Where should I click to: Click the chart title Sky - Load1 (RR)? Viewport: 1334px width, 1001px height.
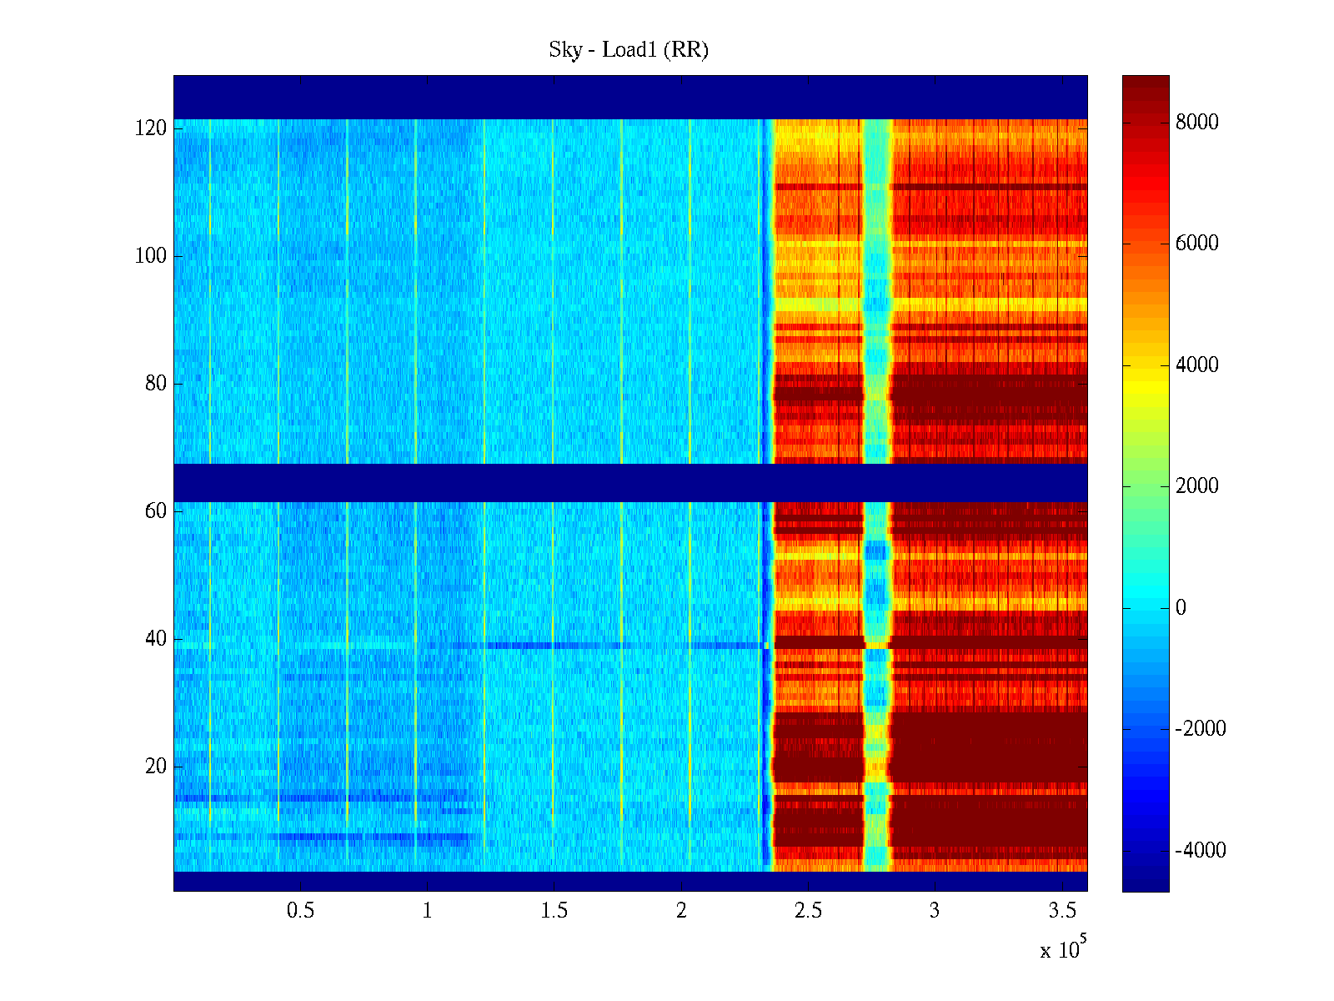point(629,50)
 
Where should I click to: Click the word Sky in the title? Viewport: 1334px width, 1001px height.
point(564,50)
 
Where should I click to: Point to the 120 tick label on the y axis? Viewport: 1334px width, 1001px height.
point(151,128)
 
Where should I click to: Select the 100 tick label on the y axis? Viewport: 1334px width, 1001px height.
point(151,256)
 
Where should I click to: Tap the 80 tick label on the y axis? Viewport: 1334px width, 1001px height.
point(156,384)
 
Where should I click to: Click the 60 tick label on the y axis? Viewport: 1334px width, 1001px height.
point(156,511)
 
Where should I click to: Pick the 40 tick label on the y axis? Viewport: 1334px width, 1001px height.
point(156,639)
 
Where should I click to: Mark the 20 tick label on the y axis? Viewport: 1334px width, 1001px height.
point(156,767)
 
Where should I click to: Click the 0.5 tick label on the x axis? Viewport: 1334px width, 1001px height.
point(301,911)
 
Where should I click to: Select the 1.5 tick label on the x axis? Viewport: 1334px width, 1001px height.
point(554,911)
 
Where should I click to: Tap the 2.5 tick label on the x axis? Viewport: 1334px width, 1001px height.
point(808,911)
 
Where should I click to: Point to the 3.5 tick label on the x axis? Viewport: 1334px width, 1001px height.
point(1061,911)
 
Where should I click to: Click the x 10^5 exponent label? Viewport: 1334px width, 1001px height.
point(1063,949)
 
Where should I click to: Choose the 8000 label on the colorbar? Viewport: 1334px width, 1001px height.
point(1196,123)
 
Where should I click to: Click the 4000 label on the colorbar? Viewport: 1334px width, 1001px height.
point(1196,365)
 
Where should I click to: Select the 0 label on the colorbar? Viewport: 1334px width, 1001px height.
point(1181,608)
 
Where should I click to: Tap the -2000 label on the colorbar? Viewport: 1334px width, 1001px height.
point(1201,729)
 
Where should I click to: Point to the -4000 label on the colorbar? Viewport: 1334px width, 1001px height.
point(1201,851)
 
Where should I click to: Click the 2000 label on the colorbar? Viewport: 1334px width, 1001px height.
point(1196,486)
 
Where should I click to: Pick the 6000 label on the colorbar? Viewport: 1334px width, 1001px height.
point(1196,244)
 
